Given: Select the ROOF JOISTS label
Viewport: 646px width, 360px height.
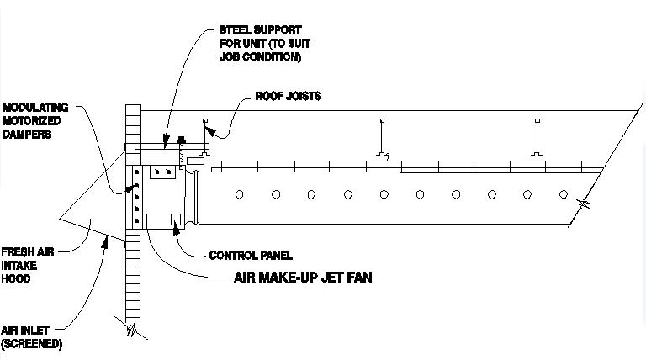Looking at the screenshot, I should (x=288, y=97).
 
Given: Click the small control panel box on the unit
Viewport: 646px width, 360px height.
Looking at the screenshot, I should (x=175, y=220).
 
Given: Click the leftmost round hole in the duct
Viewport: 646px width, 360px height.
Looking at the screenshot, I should (x=239, y=194).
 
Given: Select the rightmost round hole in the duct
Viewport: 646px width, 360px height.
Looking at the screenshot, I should (x=564, y=194).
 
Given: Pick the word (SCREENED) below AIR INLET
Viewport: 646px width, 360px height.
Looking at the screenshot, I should (x=31, y=344).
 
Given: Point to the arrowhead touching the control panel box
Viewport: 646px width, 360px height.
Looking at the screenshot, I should (x=177, y=228).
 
